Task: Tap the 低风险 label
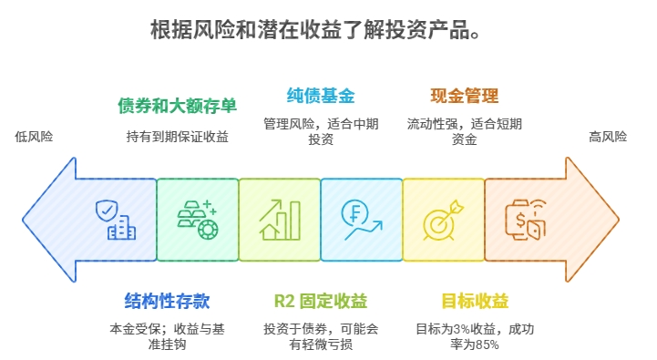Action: point(34,137)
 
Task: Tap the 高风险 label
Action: point(608,137)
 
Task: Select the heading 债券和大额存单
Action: point(178,106)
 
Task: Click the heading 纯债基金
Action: point(320,95)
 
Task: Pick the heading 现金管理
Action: point(464,95)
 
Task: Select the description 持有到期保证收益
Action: point(178,137)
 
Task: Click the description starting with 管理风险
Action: point(320,131)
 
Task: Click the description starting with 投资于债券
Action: point(321,335)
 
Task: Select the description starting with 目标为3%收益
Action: point(475,335)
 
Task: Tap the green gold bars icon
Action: point(197,220)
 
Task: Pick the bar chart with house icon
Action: point(279,220)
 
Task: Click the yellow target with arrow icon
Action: point(443,220)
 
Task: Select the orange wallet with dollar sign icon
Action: point(525,220)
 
